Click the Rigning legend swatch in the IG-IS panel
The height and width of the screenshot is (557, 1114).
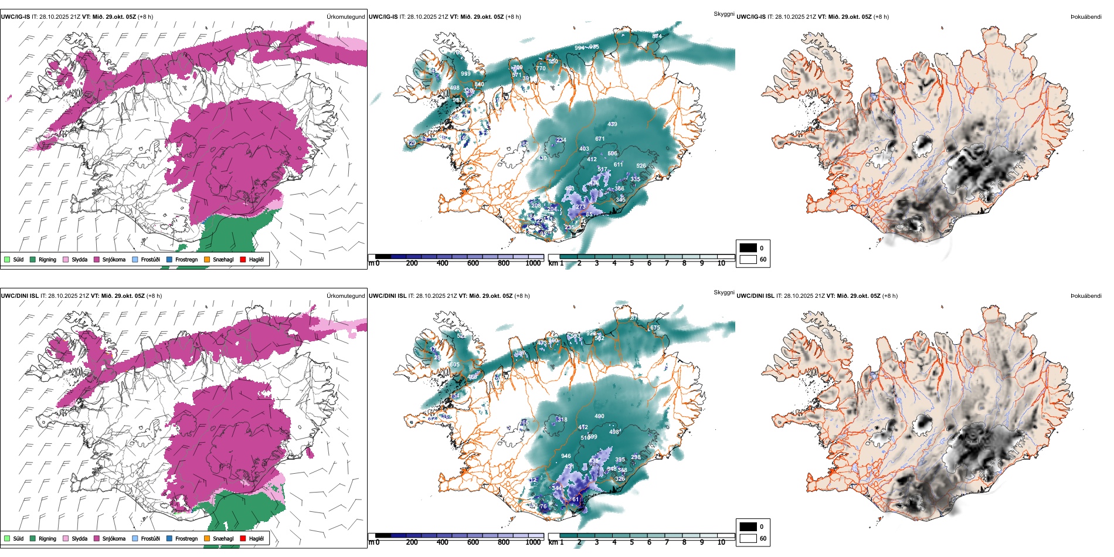coord(33,259)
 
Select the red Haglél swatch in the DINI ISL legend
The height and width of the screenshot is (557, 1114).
coord(243,538)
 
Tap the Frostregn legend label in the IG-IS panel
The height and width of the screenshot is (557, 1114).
coord(186,259)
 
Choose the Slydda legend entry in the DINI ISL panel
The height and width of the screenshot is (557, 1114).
coord(79,538)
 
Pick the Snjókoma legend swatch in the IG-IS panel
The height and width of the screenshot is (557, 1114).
coord(97,259)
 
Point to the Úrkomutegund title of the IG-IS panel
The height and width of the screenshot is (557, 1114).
coord(345,17)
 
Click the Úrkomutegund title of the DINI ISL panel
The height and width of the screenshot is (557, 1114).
coord(345,296)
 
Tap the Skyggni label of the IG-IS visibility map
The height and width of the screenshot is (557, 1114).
coord(724,13)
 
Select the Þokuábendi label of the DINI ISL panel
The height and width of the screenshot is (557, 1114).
coord(1086,296)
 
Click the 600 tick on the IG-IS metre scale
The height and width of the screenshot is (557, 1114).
coord(473,263)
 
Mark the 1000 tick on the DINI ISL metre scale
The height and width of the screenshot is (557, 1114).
coord(533,542)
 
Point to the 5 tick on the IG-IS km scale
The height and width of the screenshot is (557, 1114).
coord(632,263)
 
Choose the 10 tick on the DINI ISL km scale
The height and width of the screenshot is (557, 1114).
coord(721,542)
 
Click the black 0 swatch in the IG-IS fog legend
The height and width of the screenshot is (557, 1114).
coord(748,248)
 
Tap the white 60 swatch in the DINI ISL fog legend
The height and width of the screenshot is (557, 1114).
coord(748,538)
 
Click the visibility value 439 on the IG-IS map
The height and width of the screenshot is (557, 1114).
coord(612,124)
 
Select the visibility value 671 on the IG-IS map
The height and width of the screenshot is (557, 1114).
coord(600,139)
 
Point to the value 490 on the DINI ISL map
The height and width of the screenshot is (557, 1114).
coord(599,416)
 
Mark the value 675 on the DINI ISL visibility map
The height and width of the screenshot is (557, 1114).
coord(655,328)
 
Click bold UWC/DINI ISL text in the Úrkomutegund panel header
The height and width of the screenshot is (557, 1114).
coord(19,296)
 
